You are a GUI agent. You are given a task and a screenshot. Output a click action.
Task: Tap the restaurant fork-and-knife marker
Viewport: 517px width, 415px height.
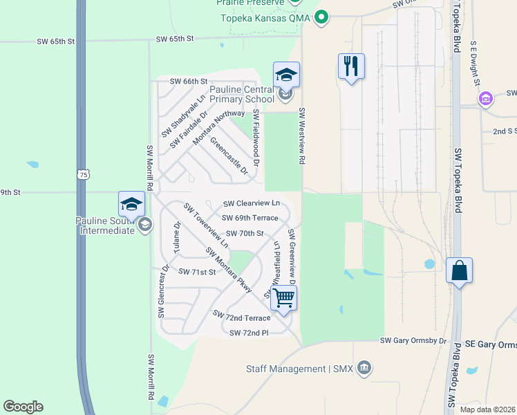click(x=351, y=67)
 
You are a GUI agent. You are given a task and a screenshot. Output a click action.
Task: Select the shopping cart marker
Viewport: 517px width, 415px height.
click(x=284, y=299)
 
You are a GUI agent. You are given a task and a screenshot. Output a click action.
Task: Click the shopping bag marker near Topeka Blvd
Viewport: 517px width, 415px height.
click(x=459, y=271)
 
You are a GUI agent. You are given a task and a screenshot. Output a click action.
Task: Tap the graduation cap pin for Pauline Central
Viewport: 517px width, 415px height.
click(x=286, y=75)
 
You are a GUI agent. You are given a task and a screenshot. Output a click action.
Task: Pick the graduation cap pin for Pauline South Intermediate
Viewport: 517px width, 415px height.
click(x=131, y=205)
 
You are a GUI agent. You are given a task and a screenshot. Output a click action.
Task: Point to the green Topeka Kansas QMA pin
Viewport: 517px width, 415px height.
click(x=321, y=18)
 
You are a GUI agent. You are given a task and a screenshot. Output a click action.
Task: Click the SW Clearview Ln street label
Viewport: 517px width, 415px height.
click(x=252, y=203)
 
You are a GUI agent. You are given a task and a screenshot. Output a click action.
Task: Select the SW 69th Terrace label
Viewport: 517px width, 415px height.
click(x=250, y=217)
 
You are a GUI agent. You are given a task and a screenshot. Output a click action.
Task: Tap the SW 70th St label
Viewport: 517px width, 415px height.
click(x=242, y=234)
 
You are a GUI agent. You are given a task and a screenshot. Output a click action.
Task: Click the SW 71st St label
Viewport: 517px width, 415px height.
click(x=197, y=272)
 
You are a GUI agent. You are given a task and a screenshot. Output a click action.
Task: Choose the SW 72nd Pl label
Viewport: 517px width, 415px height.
click(x=248, y=333)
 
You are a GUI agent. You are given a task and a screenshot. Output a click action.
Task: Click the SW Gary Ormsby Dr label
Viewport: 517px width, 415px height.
click(x=413, y=341)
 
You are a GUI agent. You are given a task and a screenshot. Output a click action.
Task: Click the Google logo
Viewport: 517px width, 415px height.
click(x=23, y=407)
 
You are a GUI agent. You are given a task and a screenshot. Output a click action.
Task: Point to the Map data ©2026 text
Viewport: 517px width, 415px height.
click(x=487, y=409)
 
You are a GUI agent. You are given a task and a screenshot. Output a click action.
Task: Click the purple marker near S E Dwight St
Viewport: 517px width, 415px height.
click(x=486, y=100)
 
